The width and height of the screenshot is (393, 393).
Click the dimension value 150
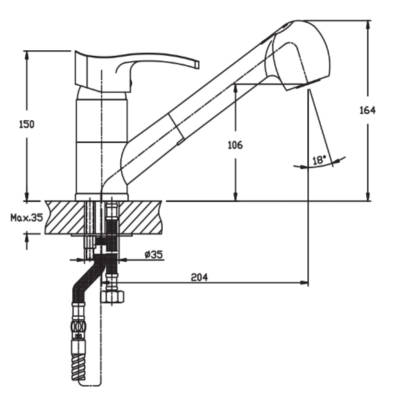27,124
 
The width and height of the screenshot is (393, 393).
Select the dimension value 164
367,110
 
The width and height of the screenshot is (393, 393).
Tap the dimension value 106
235,145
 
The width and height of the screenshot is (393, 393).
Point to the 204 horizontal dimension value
200,277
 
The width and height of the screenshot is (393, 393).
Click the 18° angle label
319,160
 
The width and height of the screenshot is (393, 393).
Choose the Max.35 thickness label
27,218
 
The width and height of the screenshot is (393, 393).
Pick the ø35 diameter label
154,255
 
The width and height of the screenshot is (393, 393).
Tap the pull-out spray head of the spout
298,55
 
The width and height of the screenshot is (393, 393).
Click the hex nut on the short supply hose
112,296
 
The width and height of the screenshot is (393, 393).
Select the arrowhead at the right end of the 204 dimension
305,283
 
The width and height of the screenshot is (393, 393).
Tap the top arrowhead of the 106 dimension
235,89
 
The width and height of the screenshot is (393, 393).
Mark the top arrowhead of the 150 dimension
27,56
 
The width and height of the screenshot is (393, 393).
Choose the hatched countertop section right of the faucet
140,217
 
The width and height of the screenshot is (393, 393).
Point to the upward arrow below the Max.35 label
27,241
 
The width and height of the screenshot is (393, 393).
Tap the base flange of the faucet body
102,197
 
